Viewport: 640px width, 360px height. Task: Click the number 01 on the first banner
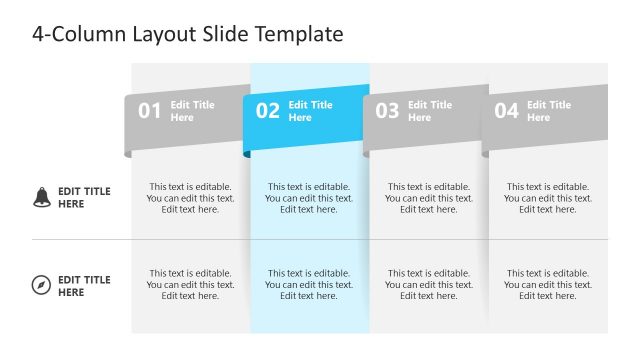click(149, 111)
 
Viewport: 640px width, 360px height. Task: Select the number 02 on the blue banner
click(268, 111)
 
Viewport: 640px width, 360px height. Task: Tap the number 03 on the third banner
click(387, 111)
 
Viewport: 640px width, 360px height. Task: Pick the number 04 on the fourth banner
click(507, 111)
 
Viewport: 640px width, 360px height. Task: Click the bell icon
click(41, 197)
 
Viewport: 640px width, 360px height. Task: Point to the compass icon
click(41, 286)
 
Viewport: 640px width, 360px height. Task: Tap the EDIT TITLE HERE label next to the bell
click(84, 197)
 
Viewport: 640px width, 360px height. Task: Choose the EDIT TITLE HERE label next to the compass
click(84, 286)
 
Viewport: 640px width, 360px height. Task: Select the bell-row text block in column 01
click(190, 198)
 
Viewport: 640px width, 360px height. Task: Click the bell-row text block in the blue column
click(309, 198)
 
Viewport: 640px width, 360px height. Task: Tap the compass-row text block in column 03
click(428, 284)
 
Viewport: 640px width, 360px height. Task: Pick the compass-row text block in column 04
click(548, 284)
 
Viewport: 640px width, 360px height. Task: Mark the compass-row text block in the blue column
click(309, 284)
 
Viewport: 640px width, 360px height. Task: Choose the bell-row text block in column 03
click(428, 198)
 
